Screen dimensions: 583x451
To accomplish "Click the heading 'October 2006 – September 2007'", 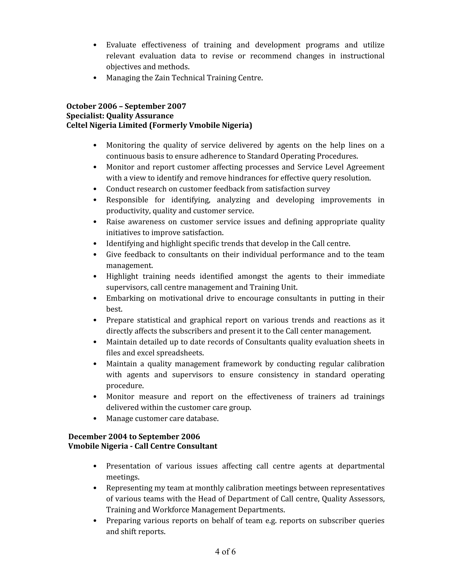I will click(x=126, y=106).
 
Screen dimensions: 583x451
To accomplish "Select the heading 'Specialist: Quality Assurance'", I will click(x=120, y=116).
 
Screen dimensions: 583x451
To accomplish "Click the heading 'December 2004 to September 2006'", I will click(x=134, y=436).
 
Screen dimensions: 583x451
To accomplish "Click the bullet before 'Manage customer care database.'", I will click(x=95, y=419).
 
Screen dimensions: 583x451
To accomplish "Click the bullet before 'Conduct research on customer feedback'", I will click(x=95, y=189).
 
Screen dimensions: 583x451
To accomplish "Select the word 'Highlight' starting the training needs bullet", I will click(x=122, y=276).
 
